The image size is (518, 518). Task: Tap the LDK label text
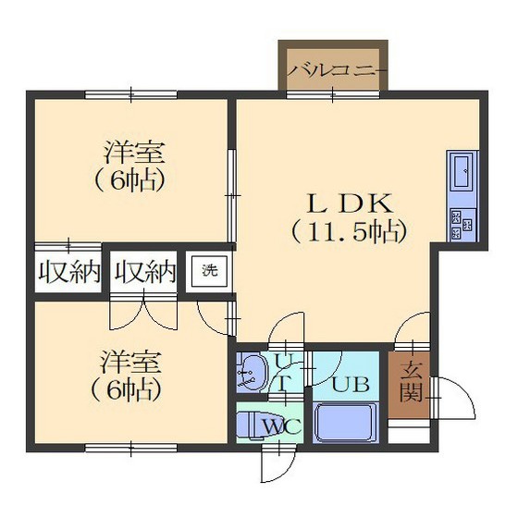[351, 203]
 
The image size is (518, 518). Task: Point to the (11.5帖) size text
[349, 232]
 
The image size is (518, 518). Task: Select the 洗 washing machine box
[210, 271]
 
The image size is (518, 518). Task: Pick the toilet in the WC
[253, 425]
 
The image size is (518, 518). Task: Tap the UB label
[351, 384]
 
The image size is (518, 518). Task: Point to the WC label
[283, 426]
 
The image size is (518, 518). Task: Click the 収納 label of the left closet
[69, 272]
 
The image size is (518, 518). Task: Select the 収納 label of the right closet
[144, 272]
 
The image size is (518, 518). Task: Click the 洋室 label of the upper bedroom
[134, 153]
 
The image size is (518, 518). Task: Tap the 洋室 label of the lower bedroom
[130, 363]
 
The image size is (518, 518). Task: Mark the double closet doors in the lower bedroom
[142, 313]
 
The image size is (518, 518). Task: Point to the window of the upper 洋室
[130, 94]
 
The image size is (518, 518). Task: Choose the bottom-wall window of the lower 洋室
[130, 448]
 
